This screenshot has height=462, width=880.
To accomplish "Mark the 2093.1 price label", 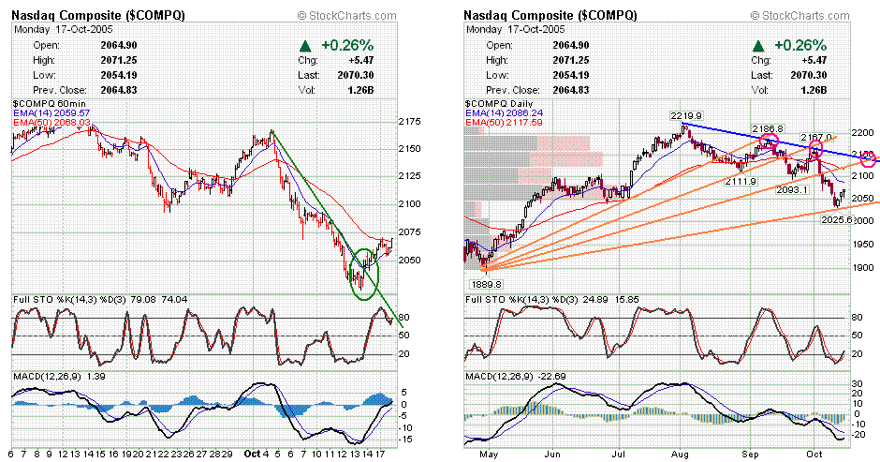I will [x=791, y=189].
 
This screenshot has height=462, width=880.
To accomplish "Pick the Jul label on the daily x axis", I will [x=623, y=452].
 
